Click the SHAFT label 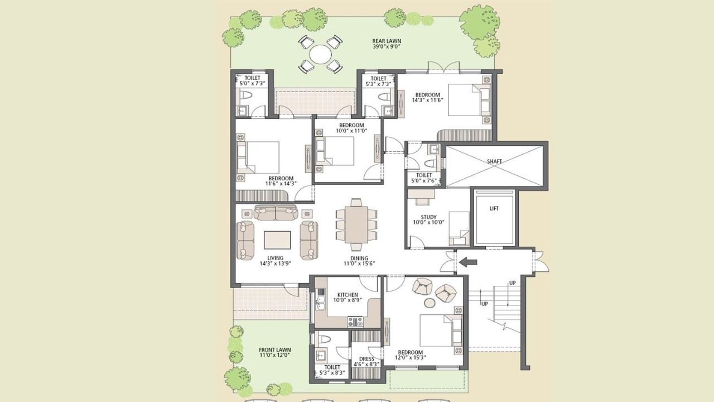coord(494,161)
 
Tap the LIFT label coord(494,208)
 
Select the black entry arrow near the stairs coord(466,261)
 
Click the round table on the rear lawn coord(320,55)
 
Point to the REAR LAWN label coord(387,41)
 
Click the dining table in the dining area coord(355,224)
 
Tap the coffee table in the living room coord(277,240)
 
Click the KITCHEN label coord(348,295)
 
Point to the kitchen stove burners coord(355,321)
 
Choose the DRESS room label coord(366,359)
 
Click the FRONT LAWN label coord(275,350)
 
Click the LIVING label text coord(275,258)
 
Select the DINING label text coord(359,258)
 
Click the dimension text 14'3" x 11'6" coord(427,101)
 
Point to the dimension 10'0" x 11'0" coord(351,131)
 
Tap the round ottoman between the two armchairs coord(430,303)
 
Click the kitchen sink coord(321,304)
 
